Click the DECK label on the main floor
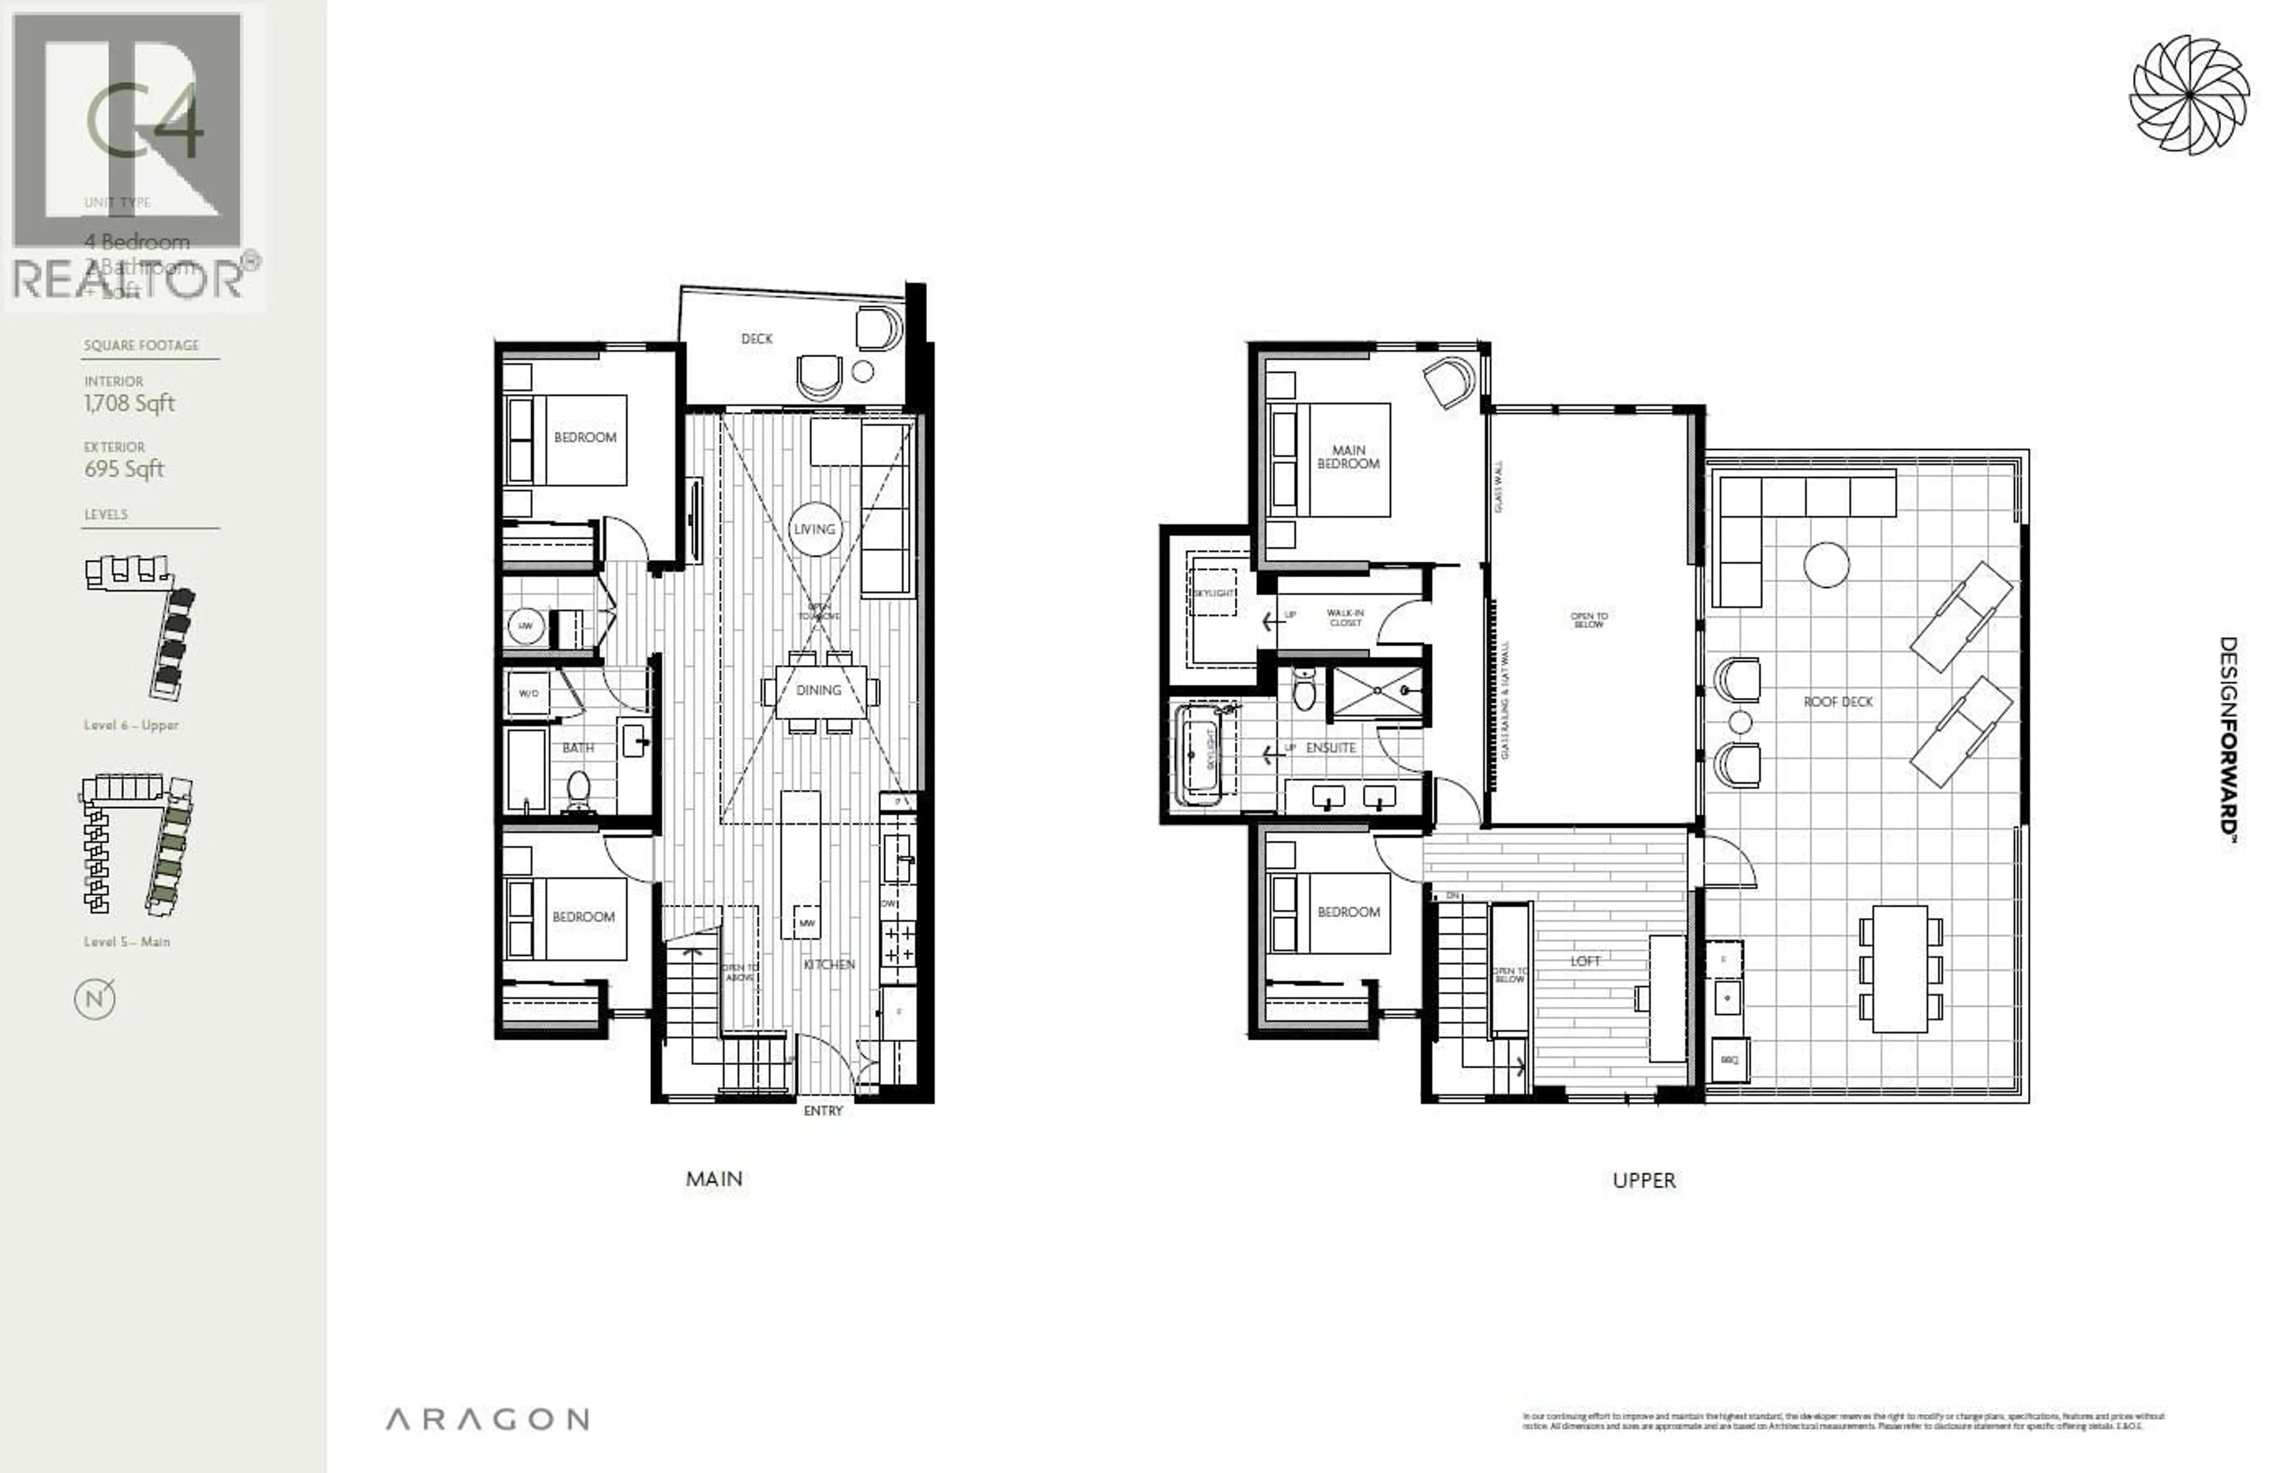[x=755, y=339]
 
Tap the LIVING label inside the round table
[x=814, y=529]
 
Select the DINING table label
[x=819, y=689]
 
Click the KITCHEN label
[x=829, y=964]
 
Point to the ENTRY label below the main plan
[x=822, y=1110]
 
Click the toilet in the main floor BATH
[x=577, y=790]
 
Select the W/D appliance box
[x=528, y=694]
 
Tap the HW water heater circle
[x=525, y=626]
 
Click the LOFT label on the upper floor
[x=1584, y=960]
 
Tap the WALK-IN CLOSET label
[x=1345, y=617]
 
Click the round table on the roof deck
[x=1826, y=564]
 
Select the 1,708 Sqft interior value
[x=129, y=404]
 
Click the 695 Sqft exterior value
[x=124, y=469]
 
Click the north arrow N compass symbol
[x=95, y=1000]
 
